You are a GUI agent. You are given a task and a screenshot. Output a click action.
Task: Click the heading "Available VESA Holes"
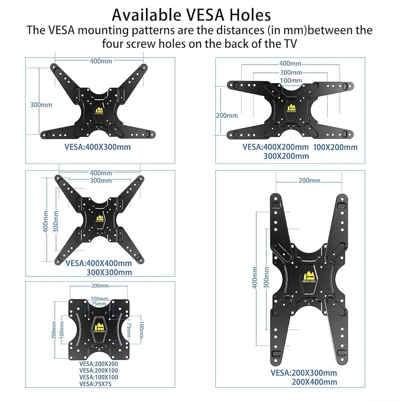tap(191, 15)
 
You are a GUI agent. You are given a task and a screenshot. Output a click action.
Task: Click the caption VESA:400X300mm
tap(97, 147)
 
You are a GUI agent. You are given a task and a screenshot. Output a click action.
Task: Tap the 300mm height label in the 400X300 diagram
tap(41, 105)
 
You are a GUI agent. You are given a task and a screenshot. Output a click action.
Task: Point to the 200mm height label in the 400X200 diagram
tap(227, 115)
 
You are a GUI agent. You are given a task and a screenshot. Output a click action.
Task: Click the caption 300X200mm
tap(286, 156)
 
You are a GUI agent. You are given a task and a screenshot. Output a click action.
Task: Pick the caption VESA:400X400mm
tap(98, 263)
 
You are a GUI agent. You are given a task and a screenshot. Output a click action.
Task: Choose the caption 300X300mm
tap(109, 272)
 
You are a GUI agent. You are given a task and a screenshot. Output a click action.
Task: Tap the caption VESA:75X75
tap(95, 384)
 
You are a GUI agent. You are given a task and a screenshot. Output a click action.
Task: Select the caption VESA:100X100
tap(99, 377)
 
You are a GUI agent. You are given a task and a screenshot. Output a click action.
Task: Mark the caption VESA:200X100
tap(99, 370)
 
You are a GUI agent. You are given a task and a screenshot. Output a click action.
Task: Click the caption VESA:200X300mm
tap(304, 373)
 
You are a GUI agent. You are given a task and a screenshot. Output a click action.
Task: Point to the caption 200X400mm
tap(314, 382)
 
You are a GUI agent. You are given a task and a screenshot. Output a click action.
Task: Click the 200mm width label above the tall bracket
tap(310, 180)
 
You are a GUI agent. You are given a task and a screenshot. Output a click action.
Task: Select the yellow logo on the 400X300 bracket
tap(99, 110)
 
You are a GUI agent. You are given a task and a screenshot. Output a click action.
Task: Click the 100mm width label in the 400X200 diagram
tap(291, 81)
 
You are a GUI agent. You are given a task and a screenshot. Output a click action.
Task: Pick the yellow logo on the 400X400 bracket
tap(99, 219)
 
